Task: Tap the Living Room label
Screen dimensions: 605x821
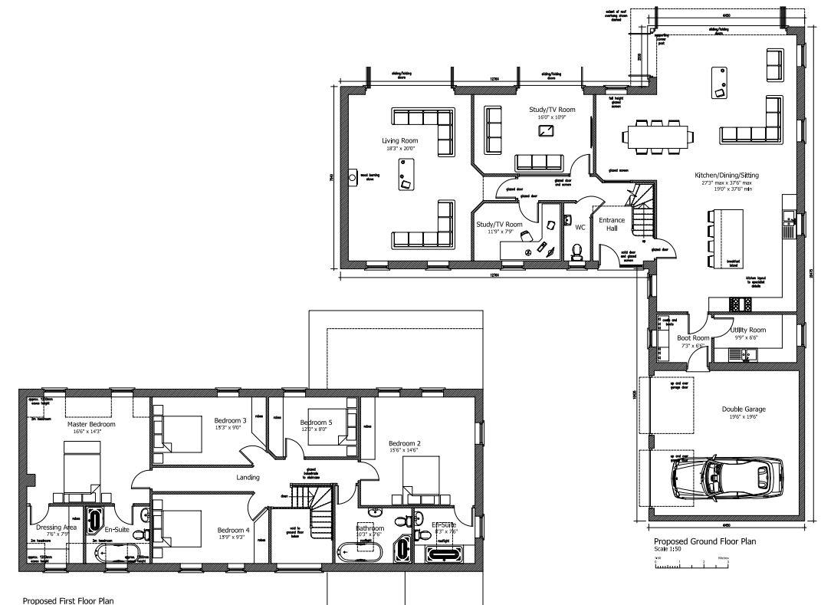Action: [x=400, y=140]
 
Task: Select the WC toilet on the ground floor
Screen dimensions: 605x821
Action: [x=576, y=251]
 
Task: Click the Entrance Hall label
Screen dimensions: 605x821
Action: [x=612, y=224]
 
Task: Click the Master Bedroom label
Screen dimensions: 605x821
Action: [x=91, y=424]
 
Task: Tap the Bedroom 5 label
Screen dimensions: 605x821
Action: [x=316, y=423]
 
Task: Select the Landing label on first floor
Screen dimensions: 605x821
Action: [x=248, y=477]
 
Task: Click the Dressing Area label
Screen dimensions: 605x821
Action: [x=55, y=527]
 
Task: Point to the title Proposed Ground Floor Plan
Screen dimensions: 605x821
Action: [x=704, y=541]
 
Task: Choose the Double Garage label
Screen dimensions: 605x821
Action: [x=744, y=409]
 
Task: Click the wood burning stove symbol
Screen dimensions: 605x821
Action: [x=353, y=177]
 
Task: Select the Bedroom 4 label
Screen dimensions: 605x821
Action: [x=233, y=530]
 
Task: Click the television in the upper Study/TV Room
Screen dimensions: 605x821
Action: [x=547, y=130]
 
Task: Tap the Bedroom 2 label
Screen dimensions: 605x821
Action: [x=404, y=443]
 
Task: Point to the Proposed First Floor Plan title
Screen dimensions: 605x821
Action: [x=68, y=600]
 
